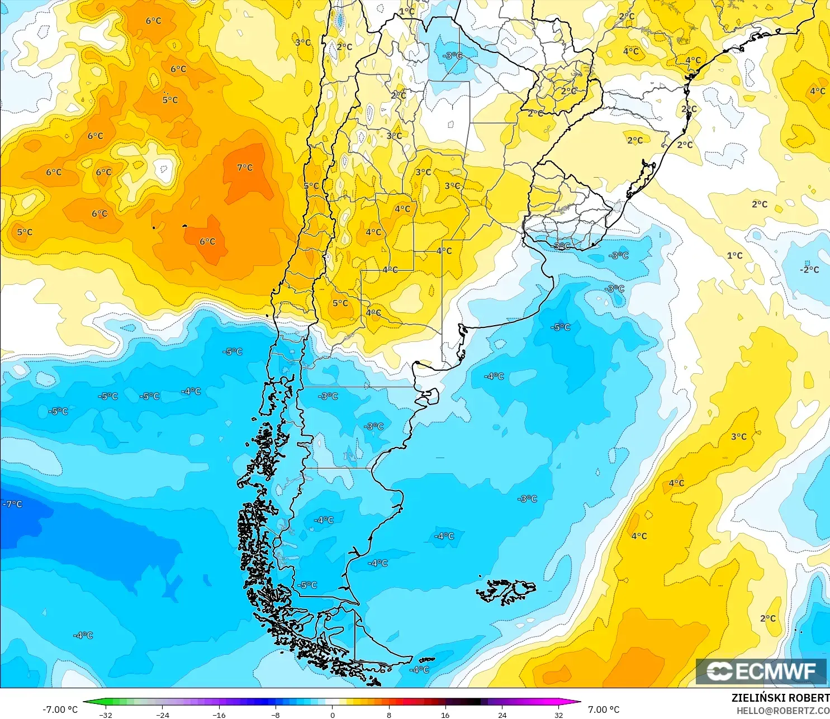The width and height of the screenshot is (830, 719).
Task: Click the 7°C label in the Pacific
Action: (x=245, y=168)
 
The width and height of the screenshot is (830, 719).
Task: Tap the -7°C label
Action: (x=12, y=504)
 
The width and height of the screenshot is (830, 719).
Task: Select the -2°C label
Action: (x=809, y=269)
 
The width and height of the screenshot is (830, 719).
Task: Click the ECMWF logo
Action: (x=761, y=671)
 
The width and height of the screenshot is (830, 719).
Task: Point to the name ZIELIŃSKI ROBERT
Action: (x=780, y=698)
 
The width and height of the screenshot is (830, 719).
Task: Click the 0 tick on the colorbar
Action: (x=333, y=715)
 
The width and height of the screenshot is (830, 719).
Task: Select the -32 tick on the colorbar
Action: (x=106, y=715)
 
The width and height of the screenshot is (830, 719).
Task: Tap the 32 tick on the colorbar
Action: (x=558, y=715)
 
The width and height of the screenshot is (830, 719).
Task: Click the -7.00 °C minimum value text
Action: (x=60, y=710)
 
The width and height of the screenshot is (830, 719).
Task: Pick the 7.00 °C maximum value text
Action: (x=604, y=710)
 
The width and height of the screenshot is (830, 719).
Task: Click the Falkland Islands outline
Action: (x=506, y=592)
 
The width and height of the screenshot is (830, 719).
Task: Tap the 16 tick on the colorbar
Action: (x=445, y=715)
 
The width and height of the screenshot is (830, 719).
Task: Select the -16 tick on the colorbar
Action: (x=219, y=715)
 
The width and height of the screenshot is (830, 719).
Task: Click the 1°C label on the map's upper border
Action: (x=407, y=11)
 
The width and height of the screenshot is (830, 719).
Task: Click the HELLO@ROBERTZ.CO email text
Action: (x=782, y=711)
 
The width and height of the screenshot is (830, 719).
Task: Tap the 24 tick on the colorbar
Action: (x=502, y=715)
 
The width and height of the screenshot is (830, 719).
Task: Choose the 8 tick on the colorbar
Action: (x=389, y=715)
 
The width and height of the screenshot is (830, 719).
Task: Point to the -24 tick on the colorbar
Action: (x=162, y=715)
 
